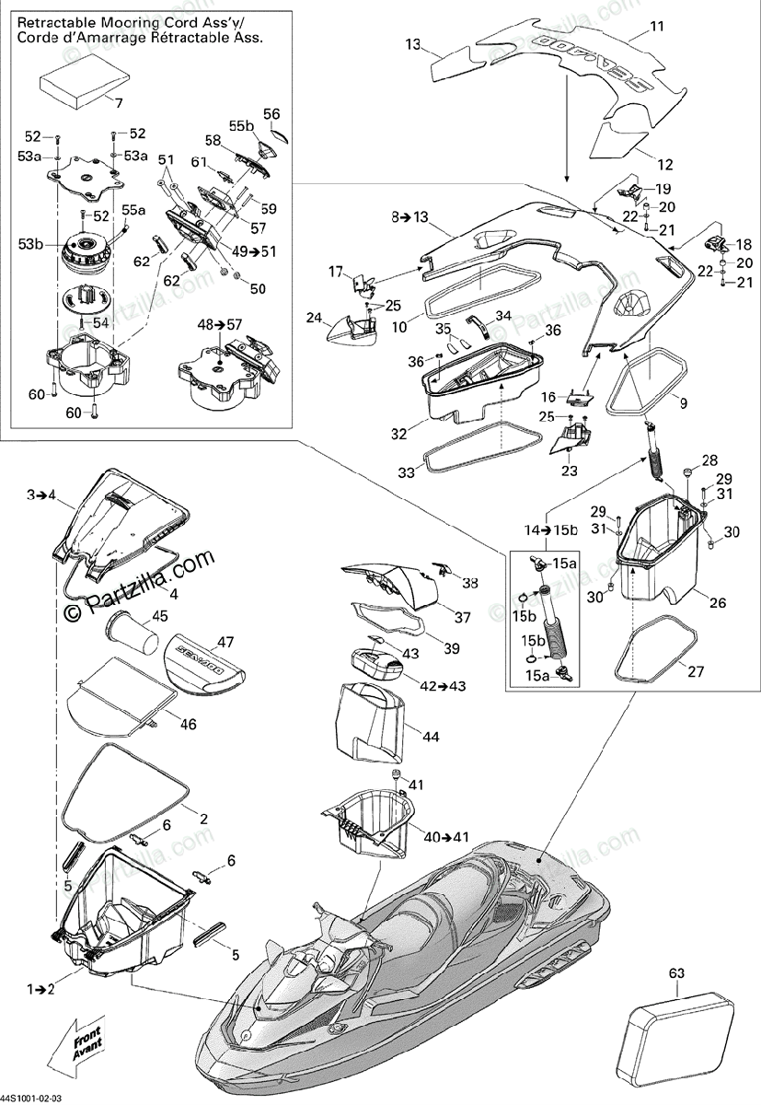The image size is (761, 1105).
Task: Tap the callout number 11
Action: (655, 26)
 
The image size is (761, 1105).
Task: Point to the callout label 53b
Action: (30, 243)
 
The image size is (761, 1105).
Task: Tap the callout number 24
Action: (314, 319)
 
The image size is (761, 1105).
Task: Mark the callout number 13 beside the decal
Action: (412, 43)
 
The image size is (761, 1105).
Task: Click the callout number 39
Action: (451, 648)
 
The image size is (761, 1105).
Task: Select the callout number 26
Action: (717, 603)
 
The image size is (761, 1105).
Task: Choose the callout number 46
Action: (188, 724)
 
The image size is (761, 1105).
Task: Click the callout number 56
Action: (271, 113)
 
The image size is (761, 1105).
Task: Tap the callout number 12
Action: (664, 165)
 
